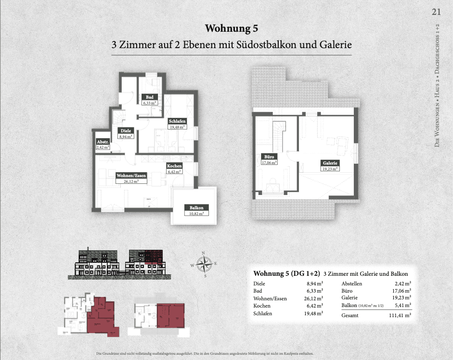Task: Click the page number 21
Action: coord(436,12)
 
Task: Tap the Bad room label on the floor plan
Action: coord(150,97)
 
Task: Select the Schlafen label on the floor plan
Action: coord(177,121)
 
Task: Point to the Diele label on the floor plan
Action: coord(126,130)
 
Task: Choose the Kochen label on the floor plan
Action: coord(174,166)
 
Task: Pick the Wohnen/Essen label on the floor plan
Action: coord(131,176)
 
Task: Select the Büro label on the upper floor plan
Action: coord(269,157)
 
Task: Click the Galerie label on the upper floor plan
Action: coord(330,163)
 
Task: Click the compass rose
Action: coord(205,264)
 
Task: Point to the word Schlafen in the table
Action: coord(262,313)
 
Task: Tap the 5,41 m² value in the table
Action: coord(402,306)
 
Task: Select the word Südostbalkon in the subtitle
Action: coord(263,45)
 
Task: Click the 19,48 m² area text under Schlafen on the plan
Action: coord(177,127)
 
